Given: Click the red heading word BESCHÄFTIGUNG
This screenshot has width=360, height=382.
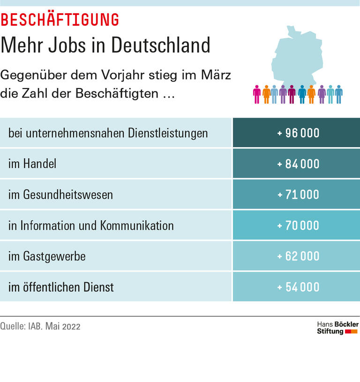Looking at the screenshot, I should [x=60, y=20].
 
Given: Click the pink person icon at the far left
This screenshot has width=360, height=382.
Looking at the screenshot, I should [x=257, y=94].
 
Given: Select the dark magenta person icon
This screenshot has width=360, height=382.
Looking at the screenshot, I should [x=292, y=94].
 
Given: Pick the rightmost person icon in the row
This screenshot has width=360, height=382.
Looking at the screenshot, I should [x=339, y=94].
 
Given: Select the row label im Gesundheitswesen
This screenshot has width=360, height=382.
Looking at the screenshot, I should [x=60, y=195].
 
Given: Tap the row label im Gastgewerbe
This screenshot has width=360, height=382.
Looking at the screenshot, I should [x=47, y=256].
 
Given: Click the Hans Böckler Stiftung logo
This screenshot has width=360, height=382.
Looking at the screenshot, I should [x=337, y=328].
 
